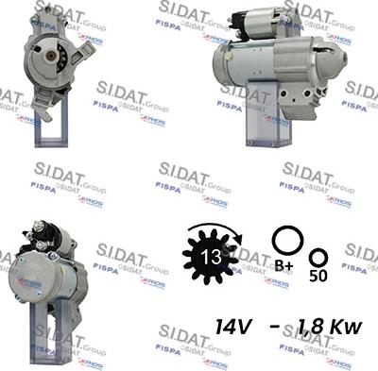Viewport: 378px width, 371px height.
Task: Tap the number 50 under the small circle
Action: tap(319, 275)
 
